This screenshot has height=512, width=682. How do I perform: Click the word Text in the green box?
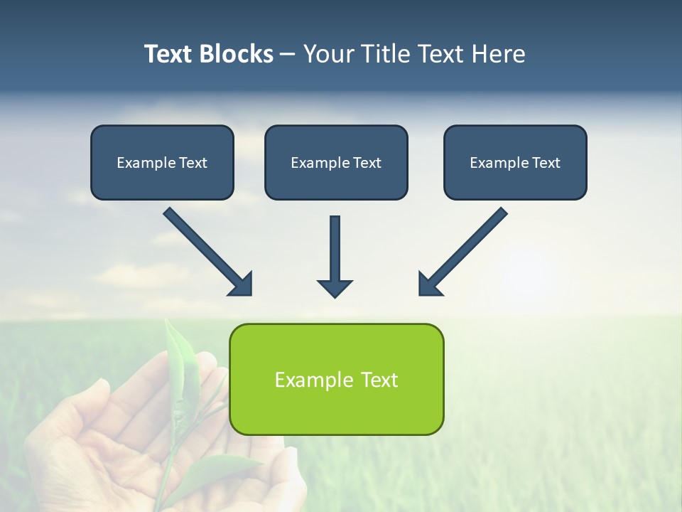coord(379,380)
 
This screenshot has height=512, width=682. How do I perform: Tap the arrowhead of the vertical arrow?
coord(335,288)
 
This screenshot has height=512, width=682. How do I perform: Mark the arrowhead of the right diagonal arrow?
coord(428,284)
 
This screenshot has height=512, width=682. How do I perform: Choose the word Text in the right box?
coord(546,163)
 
